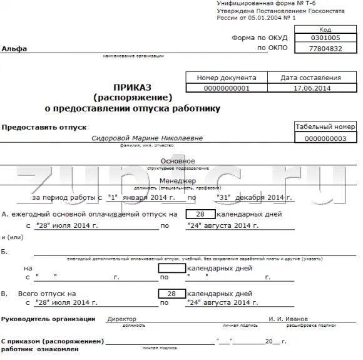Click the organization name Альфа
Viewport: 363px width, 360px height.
pos(14,49)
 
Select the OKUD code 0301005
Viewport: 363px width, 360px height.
pos(325,38)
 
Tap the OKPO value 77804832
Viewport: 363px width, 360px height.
pos(325,48)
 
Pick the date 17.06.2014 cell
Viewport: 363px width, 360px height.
pos(310,88)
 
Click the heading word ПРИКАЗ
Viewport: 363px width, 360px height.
pos(133,87)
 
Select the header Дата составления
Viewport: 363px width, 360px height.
pos(310,78)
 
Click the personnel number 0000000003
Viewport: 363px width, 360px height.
pos(325,138)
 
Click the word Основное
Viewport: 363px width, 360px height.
pos(178,162)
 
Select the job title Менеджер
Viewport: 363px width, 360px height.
pos(178,180)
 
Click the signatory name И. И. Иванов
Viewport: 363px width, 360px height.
pos(289,319)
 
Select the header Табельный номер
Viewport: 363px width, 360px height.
pos(325,126)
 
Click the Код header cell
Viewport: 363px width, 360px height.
pos(325,29)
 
